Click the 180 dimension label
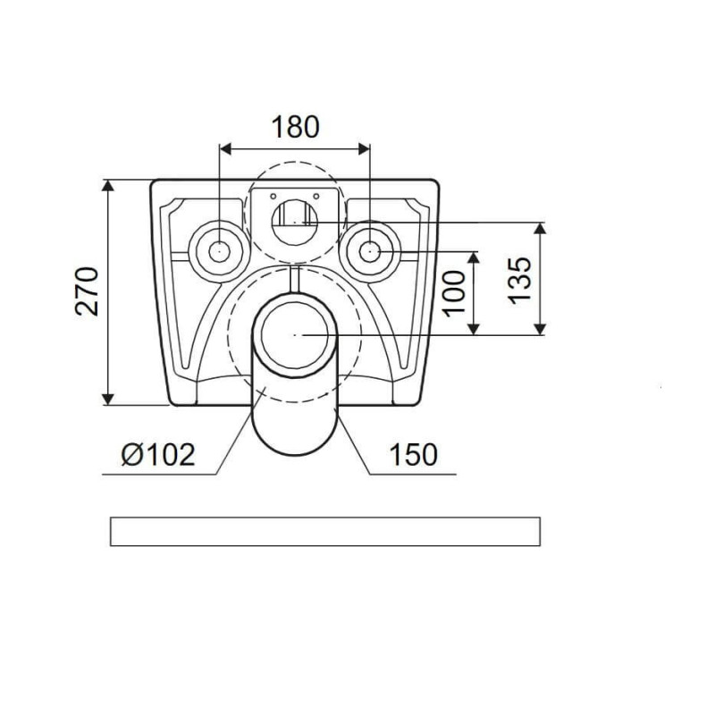[296, 127]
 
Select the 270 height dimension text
[87, 291]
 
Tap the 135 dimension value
[519, 281]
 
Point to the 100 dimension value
[454, 293]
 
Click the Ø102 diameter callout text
[158, 454]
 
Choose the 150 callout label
[414, 454]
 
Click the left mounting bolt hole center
[219, 251]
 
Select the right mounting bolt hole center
[370, 251]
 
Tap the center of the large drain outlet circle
[295, 334]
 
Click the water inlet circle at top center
[295, 222]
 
